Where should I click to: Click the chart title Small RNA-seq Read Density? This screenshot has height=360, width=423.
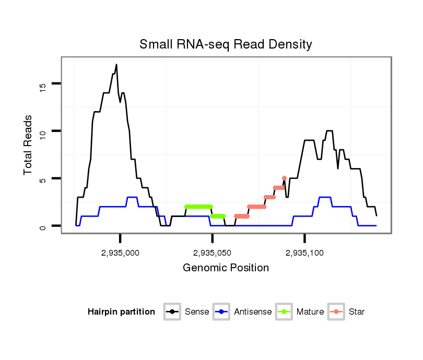pos(226,44)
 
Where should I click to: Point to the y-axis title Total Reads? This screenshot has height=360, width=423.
pos(29,145)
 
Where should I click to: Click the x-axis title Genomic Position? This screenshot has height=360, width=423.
pos(226,268)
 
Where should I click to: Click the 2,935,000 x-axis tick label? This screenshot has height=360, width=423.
pos(120,253)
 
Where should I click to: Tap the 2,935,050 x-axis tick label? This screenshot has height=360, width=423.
pos(212,253)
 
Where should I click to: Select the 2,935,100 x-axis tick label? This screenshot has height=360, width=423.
pos(304,253)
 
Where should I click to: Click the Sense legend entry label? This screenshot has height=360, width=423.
pos(197,312)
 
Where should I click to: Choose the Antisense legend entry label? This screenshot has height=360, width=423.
pos(253,312)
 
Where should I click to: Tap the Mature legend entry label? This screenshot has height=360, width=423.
pos(310,312)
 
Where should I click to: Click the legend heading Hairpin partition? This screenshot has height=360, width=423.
pos(121,312)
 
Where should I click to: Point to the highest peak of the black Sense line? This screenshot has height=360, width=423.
pos(116,65)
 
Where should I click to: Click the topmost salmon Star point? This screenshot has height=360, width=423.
pos(284,178)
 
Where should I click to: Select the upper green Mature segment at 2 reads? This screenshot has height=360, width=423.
pos(198,207)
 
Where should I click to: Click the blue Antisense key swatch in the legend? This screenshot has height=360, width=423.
pos(222,312)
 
